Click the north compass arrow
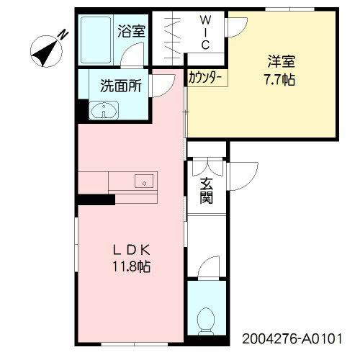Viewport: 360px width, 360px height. click(x=45, y=51)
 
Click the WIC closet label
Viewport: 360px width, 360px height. click(x=204, y=33)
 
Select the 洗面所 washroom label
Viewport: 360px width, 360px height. click(x=120, y=85)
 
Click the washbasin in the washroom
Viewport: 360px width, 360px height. click(x=105, y=110)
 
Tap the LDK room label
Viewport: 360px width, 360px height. click(x=130, y=250)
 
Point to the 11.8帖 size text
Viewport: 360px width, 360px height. click(x=130, y=266)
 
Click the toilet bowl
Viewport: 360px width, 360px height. click(x=207, y=318)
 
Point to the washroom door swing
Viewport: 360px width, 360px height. click(x=164, y=82)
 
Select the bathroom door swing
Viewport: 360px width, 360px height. click(x=132, y=56)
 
